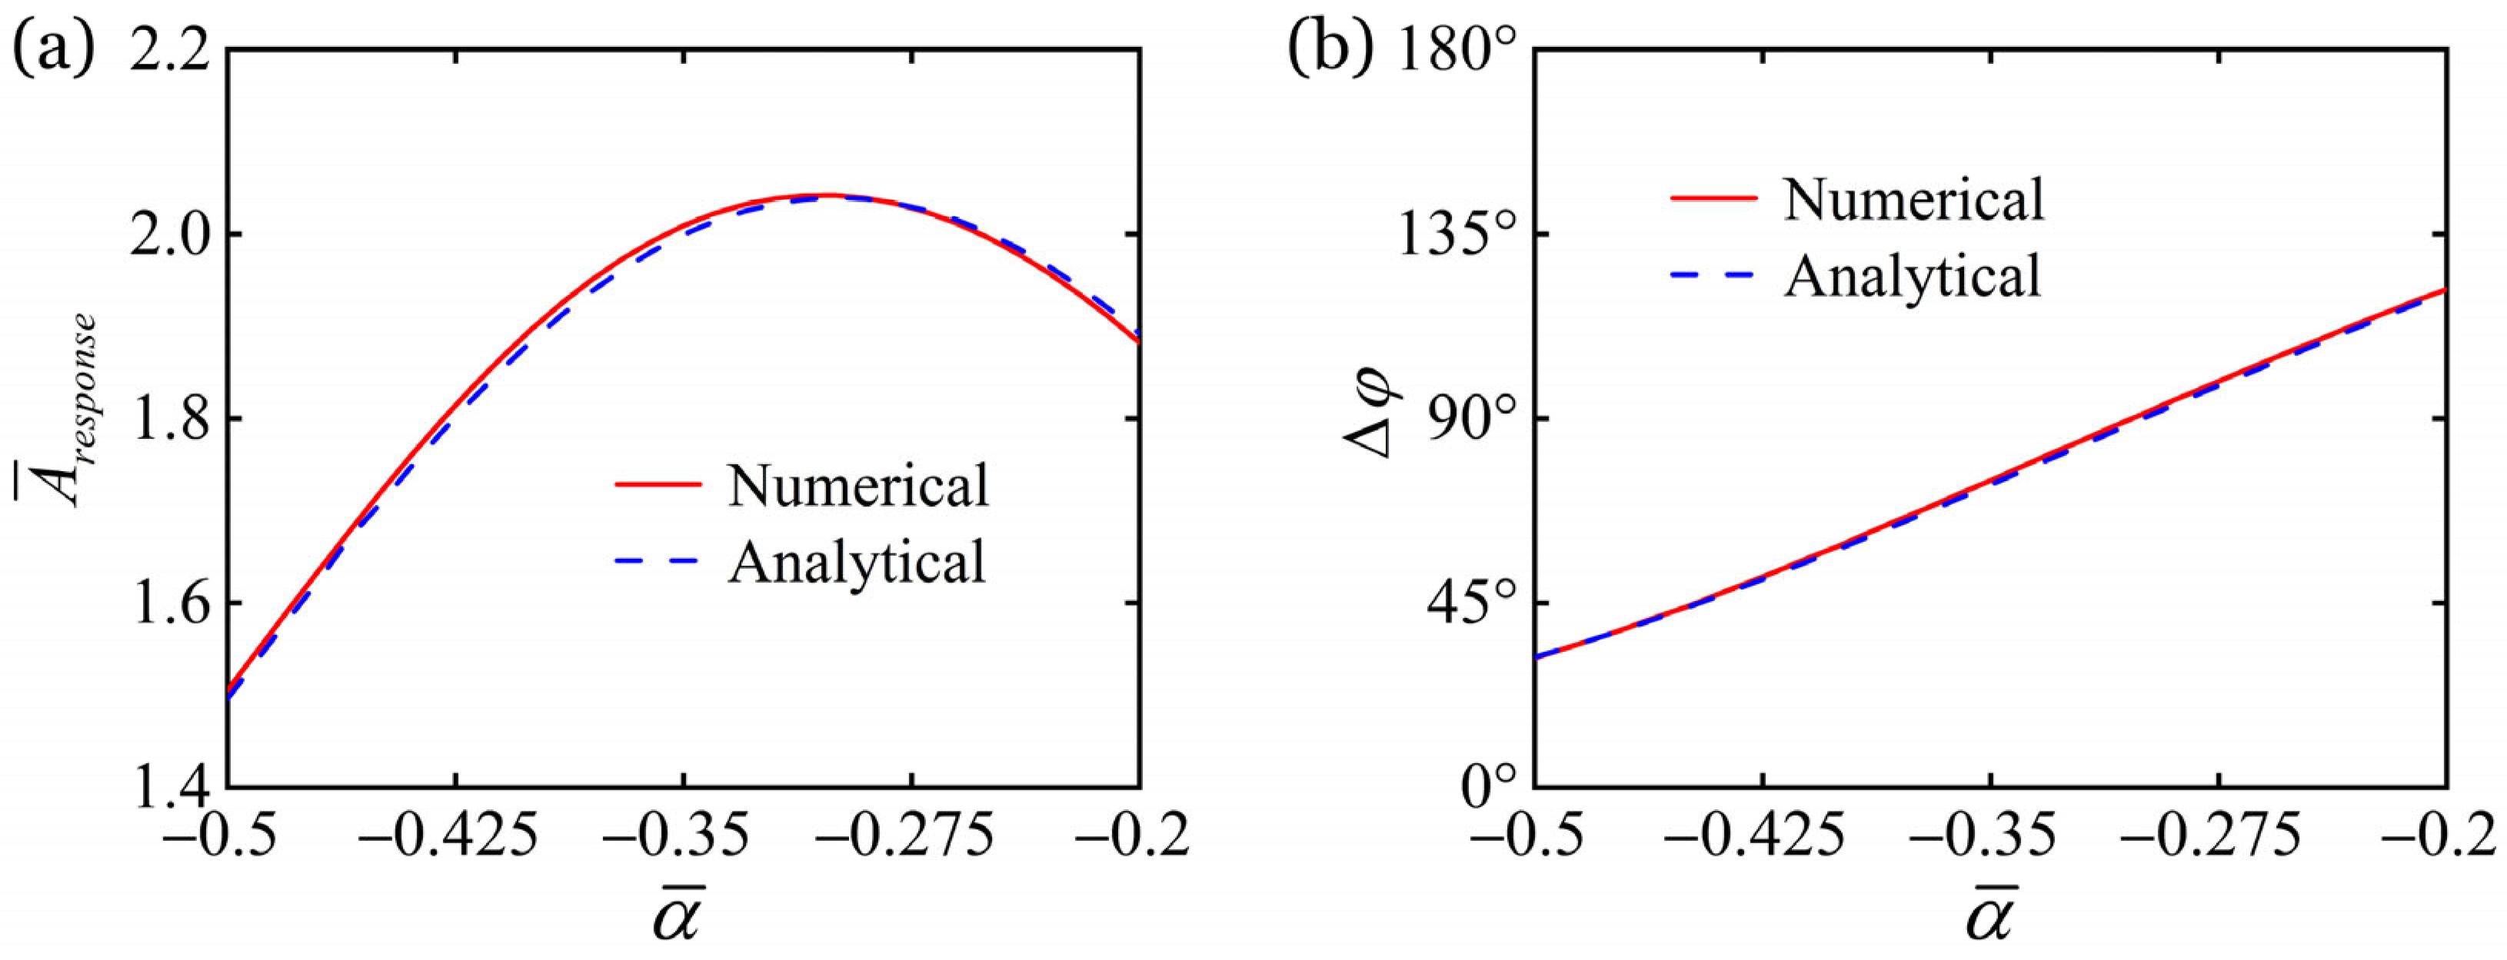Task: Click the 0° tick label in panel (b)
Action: [x=1489, y=785]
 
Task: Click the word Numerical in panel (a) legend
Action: [x=857, y=485]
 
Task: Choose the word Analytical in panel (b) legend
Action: [x=1913, y=275]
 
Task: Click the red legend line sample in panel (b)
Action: [x=1714, y=198]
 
